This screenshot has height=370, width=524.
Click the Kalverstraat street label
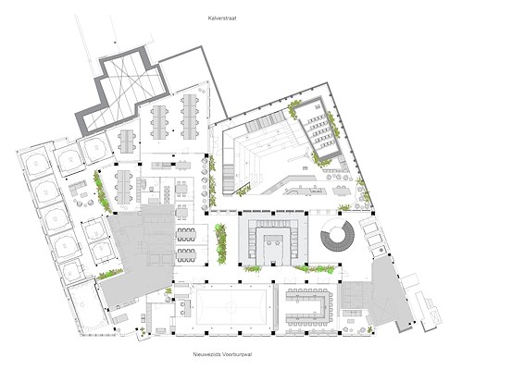point(222,18)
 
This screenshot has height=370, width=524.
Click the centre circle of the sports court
point(231,306)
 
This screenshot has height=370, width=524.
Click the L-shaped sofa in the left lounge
point(77,188)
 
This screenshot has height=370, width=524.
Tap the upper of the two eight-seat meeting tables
point(186,234)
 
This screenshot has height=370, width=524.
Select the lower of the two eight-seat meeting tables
point(186,255)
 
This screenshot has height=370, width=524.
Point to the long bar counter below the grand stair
point(304,191)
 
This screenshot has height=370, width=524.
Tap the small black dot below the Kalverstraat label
point(115,43)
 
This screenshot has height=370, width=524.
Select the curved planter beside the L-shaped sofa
point(102,191)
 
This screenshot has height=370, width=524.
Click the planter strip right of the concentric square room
point(314,268)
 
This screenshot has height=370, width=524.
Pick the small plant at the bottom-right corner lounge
point(370,329)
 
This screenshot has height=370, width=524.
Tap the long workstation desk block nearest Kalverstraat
point(190,117)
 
